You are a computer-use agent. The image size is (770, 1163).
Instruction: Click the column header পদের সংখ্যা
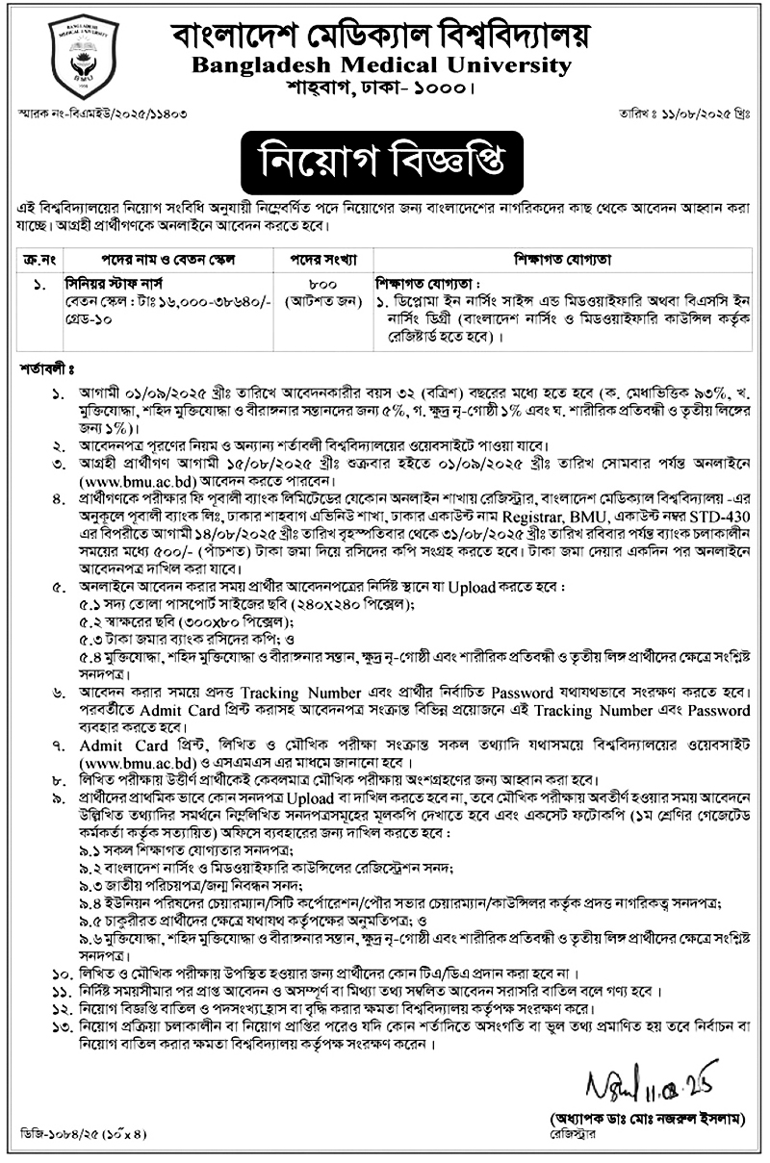pyautogui.click(x=330, y=260)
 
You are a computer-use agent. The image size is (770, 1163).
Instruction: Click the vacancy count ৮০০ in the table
pyautogui.click(x=330, y=284)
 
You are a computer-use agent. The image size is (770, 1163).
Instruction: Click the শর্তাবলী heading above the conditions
pyautogui.click(x=48, y=368)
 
